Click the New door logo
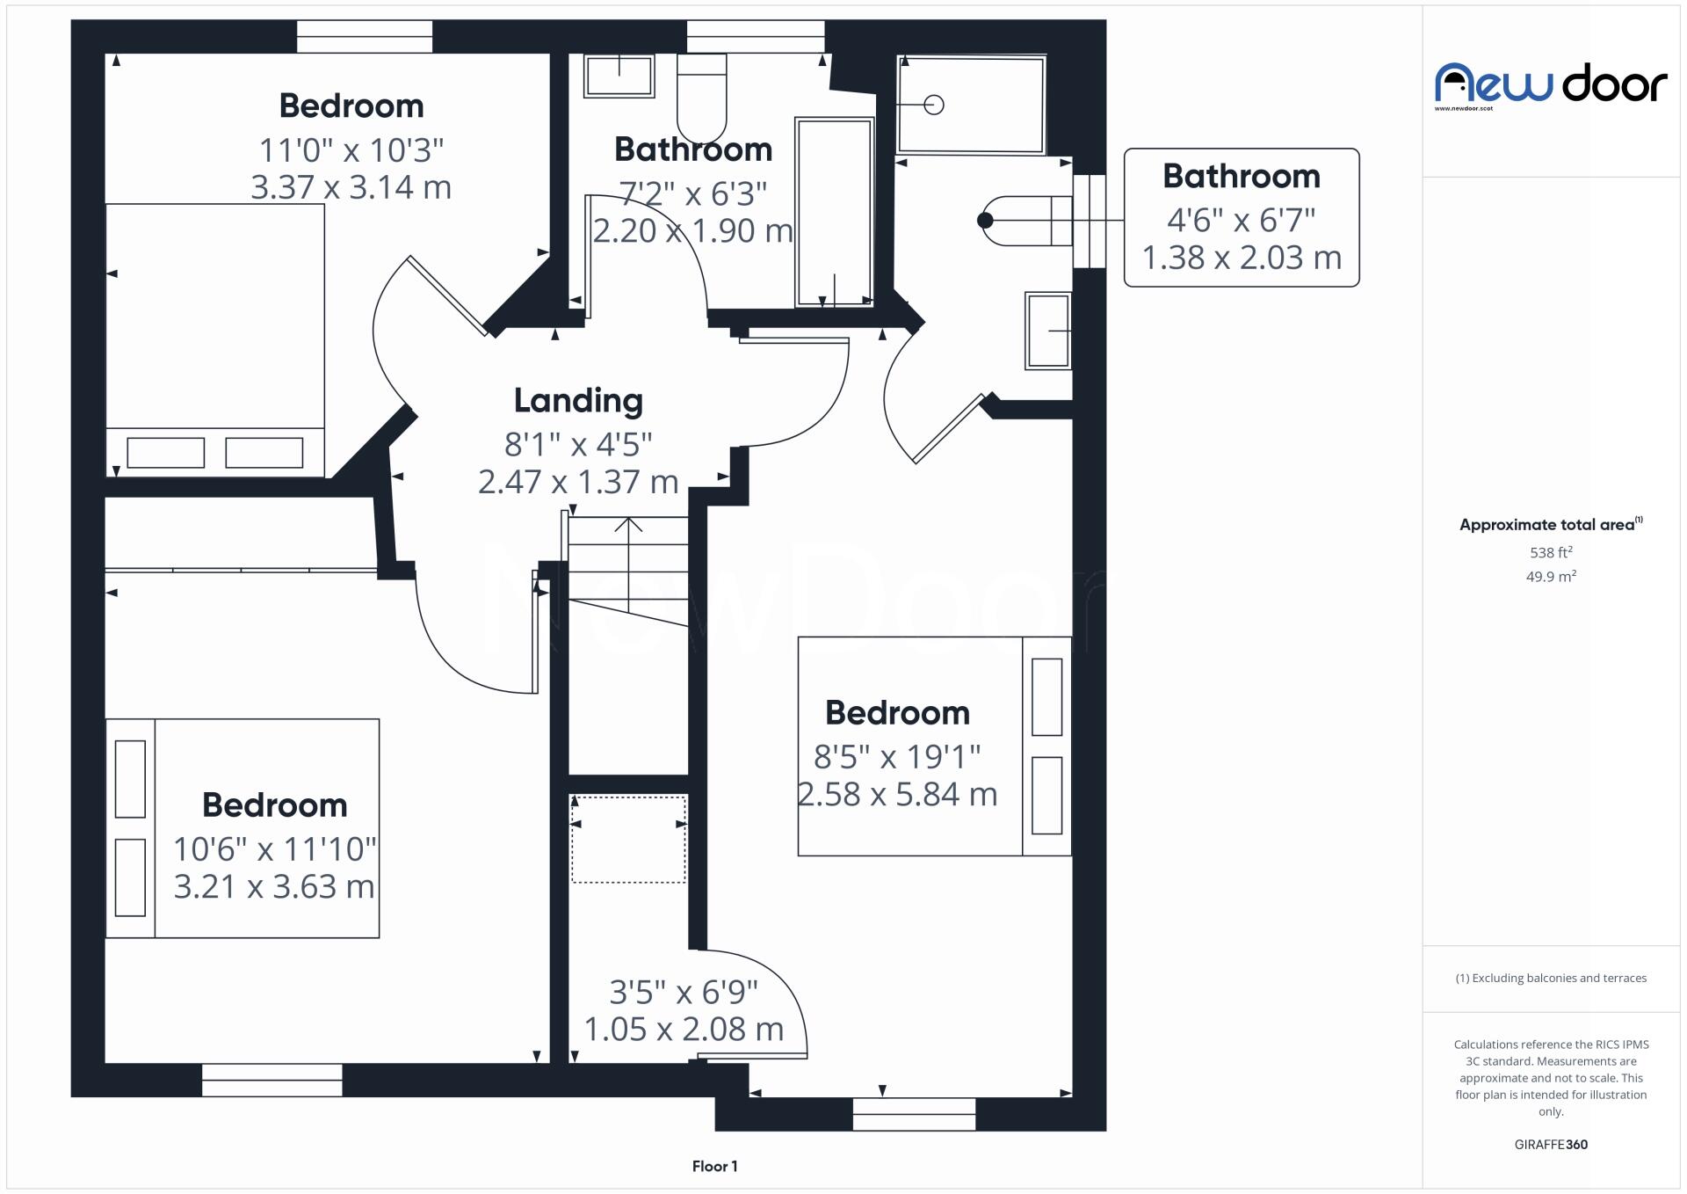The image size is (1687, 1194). pyautogui.click(x=1551, y=85)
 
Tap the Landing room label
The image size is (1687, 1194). pyautogui.click(x=578, y=401)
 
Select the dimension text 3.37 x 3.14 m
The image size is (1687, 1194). pyautogui.click(x=351, y=187)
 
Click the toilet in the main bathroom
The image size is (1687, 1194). pyautogui.click(x=701, y=97)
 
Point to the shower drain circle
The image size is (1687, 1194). pyautogui.click(x=934, y=105)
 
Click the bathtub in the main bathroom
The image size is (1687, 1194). pyautogui.click(x=834, y=211)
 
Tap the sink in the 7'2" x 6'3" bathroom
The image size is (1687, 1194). pyautogui.click(x=619, y=76)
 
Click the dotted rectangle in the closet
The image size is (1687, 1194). pyautogui.click(x=628, y=839)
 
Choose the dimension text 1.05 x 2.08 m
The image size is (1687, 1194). pyautogui.click(x=684, y=1030)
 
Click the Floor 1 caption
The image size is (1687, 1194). pyautogui.click(x=714, y=1166)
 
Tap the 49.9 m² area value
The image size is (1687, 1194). pyautogui.click(x=1551, y=577)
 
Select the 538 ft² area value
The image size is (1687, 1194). pyautogui.click(x=1551, y=553)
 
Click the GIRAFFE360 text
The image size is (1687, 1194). pyautogui.click(x=1551, y=1144)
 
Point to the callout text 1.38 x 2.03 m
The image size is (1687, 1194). pyautogui.click(x=1242, y=258)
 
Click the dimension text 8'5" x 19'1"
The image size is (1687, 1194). pyautogui.click(x=896, y=756)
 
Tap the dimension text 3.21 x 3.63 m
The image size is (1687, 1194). pyautogui.click(x=273, y=886)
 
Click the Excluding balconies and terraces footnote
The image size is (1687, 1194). pyautogui.click(x=1551, y=978)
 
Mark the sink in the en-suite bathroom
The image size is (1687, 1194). pyautogui.click(x=1047, y=331)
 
